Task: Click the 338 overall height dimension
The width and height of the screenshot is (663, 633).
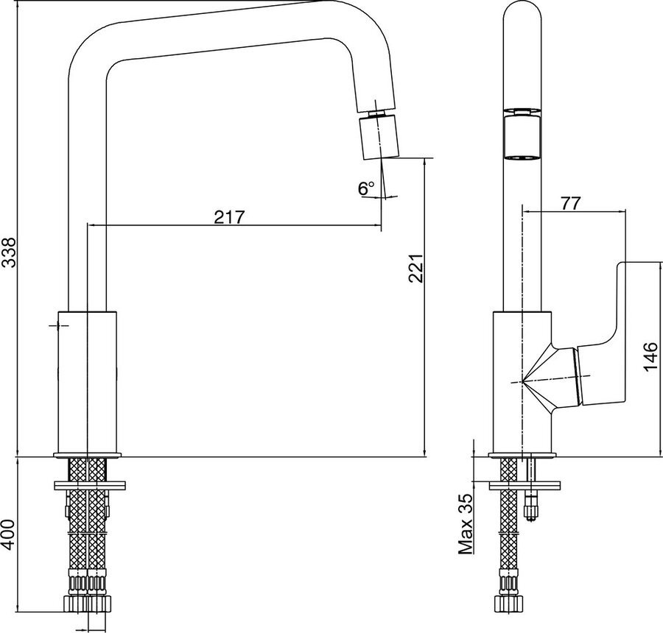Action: click(9, 252)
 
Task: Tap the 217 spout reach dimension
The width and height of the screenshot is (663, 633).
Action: click(230, 217)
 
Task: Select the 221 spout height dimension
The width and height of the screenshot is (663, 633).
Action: click(415, 268)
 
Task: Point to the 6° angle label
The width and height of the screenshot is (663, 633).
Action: click(366, 188)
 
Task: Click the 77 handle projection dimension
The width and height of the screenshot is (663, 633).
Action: click(571, 203)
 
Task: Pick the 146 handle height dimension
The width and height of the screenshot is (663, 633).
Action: click(650, 357)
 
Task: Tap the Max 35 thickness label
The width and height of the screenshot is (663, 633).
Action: click(466, 524)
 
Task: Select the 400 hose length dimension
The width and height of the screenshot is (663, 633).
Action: click(9, 534)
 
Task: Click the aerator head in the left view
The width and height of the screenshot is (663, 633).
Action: click(379, 138)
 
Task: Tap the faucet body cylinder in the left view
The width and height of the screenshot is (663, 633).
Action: click(87, 383)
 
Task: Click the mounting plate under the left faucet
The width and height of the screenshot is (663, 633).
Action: click(89, 486)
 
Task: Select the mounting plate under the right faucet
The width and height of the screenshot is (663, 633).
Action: click(525, 486)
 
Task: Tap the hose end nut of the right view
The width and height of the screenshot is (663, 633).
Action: click(510, 602)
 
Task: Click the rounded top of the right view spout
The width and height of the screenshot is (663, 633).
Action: click(522, 13)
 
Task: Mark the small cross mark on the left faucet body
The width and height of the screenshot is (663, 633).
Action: click(58, 325)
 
